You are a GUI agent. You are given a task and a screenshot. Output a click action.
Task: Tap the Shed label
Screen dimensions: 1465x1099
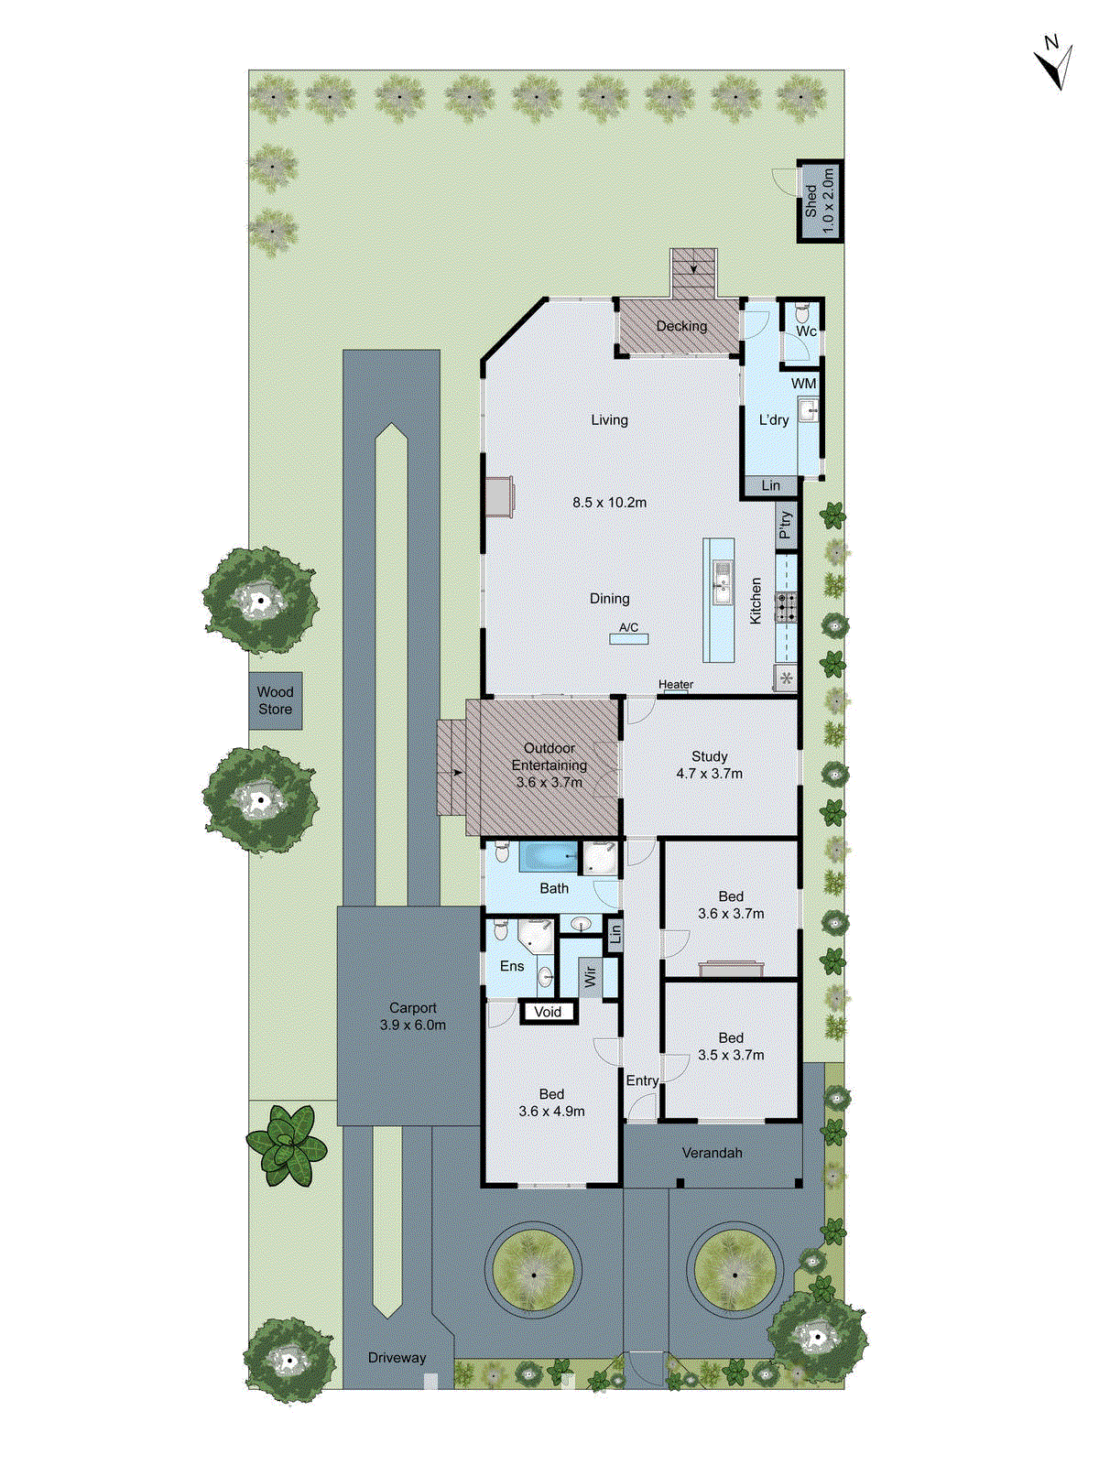coord(811,201)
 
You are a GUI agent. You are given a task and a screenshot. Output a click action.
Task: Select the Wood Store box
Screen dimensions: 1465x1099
coord(276,701)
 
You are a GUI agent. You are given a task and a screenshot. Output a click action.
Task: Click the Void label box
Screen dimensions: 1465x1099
coord(548,1012)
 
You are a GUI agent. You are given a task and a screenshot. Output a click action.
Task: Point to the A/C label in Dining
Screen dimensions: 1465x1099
coord(629,628)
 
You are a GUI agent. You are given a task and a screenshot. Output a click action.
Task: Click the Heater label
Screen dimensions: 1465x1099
coord(676,685)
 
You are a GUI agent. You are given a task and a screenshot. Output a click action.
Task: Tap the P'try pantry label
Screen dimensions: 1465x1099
coord(785,526)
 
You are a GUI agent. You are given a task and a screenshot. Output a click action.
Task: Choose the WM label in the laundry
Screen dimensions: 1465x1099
coord(803,384)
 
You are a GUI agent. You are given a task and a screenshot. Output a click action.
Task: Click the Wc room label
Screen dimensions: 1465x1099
coord(806,331)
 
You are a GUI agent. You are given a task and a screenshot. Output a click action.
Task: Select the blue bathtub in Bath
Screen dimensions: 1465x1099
coord(548,858)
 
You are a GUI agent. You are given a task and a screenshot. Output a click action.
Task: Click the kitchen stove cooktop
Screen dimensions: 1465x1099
coord(787,607)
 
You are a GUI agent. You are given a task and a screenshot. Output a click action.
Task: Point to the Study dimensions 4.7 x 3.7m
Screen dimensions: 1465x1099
coord(709,774)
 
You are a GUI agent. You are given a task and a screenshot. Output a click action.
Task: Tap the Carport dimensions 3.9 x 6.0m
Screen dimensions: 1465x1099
coord(413,1025)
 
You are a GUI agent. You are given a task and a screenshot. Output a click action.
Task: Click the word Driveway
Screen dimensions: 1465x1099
coord(397,1358)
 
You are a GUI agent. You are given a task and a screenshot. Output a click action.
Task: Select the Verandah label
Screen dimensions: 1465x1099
coord(712,1153)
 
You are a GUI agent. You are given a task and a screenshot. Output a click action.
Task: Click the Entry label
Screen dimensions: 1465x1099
coord(642,1081)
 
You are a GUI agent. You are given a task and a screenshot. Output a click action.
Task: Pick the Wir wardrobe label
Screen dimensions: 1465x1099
coord(591,977)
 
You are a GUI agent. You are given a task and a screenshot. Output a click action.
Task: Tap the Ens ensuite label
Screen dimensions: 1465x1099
coord(512,966)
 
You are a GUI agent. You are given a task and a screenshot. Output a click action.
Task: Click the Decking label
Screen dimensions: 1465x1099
coord(681,326)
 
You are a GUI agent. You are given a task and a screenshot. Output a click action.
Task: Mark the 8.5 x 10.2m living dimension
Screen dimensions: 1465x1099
coord(609,503)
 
